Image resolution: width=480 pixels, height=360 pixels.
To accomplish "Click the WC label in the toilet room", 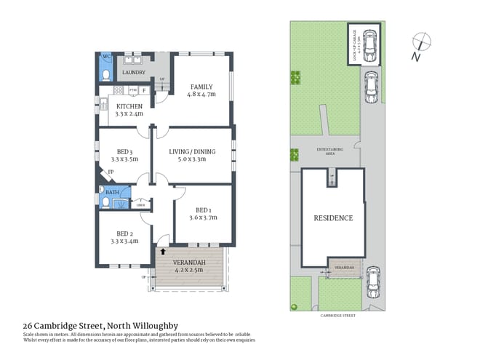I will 106,57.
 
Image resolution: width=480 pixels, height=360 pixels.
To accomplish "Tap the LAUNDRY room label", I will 134,73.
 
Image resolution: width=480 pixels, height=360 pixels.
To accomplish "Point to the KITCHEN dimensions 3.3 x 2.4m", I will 129,113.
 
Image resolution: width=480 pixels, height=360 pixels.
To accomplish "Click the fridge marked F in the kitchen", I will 144,90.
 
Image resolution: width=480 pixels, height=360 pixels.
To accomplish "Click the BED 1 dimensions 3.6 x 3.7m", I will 203,217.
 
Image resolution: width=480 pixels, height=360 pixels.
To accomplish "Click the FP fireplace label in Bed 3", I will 111,172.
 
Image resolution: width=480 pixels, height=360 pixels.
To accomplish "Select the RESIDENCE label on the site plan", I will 333,217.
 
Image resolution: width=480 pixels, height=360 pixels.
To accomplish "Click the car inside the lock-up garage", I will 370,46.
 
